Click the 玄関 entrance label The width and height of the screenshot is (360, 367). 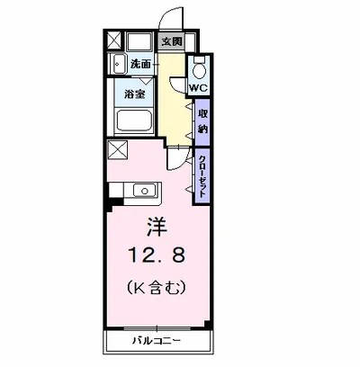(172, 41)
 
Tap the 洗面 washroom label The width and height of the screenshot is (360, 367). (140, 64)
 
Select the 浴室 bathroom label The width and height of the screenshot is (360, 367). (135, 94)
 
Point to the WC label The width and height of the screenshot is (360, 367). (198, 88)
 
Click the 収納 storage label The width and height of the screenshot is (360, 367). (202, 121)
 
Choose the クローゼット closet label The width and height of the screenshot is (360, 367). (202, 176)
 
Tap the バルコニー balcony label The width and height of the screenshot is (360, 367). (157, 341)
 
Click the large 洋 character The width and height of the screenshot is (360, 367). (157, 227)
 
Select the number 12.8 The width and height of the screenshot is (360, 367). (156, 255)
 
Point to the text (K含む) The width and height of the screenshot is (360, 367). (157, 288)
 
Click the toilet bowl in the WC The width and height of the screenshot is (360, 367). (199, 69)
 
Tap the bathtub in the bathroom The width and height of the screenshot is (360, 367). (134, 121)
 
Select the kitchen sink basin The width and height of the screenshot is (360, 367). (145, 191)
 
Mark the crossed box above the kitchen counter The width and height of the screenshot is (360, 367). (117, 150)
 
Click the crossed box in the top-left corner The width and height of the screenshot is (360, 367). (114, 40)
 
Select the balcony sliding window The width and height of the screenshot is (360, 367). (157, 328)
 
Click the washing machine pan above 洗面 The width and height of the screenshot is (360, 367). (139, 41)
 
